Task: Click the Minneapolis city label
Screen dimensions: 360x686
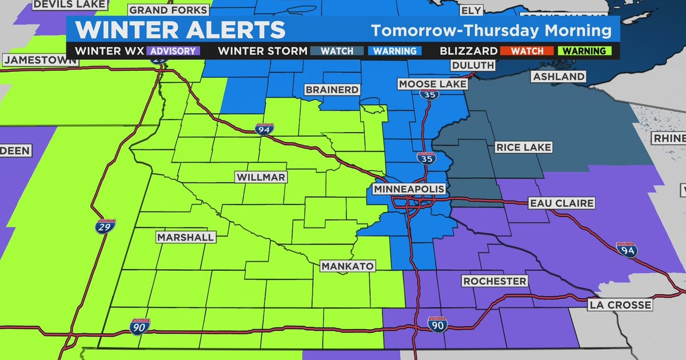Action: (409, 189)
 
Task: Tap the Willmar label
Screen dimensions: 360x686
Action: (261, 177)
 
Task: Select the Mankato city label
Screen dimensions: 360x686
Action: (348, 266)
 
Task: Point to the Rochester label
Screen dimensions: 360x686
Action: (494, 281)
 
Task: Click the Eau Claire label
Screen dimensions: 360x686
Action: (553, 203)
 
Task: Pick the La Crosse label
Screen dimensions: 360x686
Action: (620, 305)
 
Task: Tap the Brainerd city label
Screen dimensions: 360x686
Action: (332, 90)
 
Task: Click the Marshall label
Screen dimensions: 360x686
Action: (185, 237)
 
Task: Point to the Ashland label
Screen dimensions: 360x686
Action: (559, 77)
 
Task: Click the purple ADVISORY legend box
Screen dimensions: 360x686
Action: (173, 51)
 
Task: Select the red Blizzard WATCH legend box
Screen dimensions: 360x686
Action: (527, 51)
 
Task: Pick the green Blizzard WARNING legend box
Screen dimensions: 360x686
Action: (583, 51)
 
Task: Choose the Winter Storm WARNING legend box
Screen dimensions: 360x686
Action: (394, 51)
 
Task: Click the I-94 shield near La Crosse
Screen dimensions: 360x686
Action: (627, 250)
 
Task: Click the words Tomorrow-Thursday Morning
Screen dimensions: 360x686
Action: (490, 30)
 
